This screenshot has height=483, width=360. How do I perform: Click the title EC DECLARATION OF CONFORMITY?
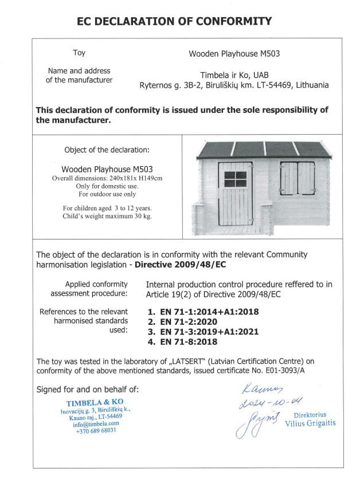click(174, 22)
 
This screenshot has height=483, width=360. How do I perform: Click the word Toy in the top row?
click(79, 53)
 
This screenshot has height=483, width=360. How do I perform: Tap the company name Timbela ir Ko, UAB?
click(234, 75)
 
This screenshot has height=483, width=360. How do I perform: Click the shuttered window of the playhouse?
click(297, 178)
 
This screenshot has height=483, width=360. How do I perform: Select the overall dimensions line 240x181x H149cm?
click(107, 179)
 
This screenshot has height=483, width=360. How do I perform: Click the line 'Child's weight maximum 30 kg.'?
click(107, 216)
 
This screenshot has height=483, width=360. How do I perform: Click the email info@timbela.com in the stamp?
click(96, 424)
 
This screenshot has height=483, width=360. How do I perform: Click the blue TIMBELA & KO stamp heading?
click(95, 402)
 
